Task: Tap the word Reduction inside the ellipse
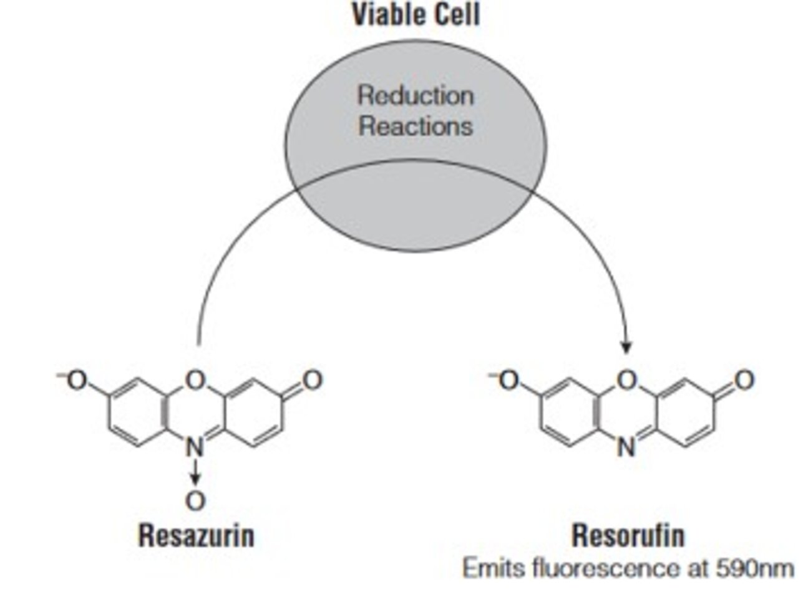(416, 95)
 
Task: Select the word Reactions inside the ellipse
(416, 126)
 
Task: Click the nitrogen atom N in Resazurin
(196, 447)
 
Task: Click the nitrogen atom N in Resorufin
(628, 447)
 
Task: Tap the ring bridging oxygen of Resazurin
(196, 380)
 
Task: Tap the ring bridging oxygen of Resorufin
(628, 380)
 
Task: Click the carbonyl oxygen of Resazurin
(312, 380)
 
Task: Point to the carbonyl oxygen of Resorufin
(744, 380)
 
